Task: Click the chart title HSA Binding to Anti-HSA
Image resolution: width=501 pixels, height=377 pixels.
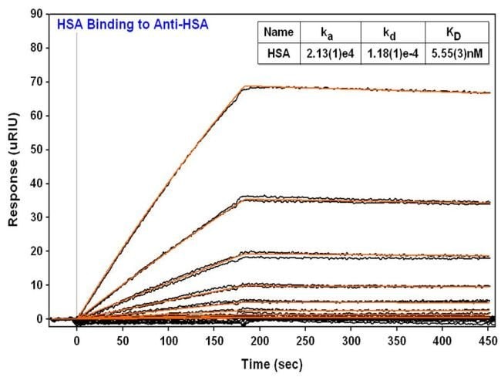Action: click(132, 25)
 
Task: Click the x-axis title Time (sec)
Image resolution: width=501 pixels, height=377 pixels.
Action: click(270, 363)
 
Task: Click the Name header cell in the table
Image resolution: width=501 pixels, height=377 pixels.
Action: click(278, 32)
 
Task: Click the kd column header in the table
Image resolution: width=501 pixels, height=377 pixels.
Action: click(392, 32)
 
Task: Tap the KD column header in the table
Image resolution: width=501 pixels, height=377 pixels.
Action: click(456, 32)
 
